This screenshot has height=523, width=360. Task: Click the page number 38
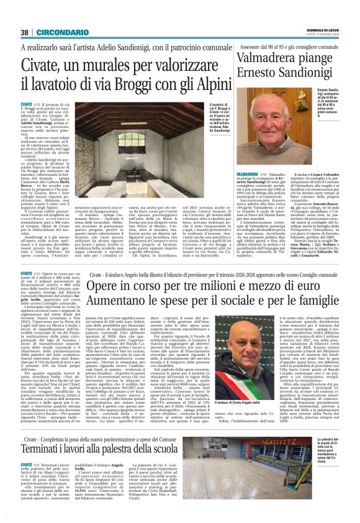[x=25, y=32]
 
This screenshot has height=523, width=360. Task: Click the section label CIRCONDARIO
[x=60, y=32]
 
